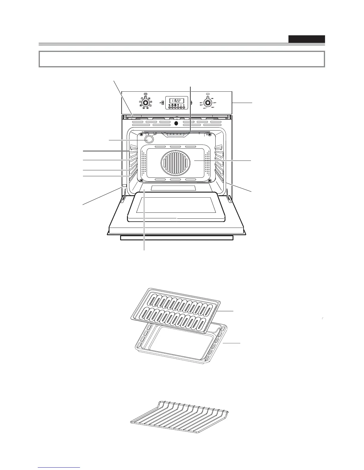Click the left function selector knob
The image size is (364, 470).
tap(145, 103)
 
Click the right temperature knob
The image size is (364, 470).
tap(208, 103)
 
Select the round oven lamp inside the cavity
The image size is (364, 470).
tap(149, 139)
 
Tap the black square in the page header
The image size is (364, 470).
tap(306, 39)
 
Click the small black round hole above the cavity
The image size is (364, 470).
tap(176, 123)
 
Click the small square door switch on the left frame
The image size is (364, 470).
tap(124, 186)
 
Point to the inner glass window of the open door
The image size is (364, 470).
tap(176, 205)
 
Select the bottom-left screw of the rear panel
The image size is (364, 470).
tap(141, 180)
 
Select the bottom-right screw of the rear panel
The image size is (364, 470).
tap(210, 180)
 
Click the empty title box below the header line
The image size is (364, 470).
tap(181, 59)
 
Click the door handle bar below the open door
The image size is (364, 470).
tap(177, 238)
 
